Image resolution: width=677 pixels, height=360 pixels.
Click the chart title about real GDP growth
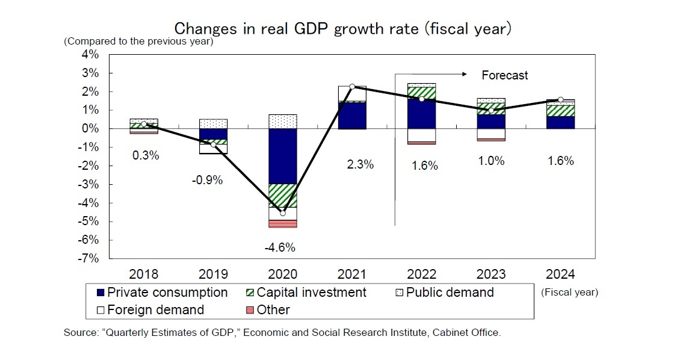click(342, 28)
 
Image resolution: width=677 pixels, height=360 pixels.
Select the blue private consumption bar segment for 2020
click(282, 156)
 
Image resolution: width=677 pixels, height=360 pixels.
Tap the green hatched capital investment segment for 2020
click(282, 195)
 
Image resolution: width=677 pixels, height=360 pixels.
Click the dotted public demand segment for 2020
click(282, 122)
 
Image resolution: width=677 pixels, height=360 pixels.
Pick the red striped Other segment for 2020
click(282, 223)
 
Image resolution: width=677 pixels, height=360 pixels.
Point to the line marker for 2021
click(352, 87)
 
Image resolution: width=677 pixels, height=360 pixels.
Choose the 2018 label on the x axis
click(144, 275)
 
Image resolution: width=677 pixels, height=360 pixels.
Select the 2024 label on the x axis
click(560, 275)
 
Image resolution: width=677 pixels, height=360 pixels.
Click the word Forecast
click(504, 75)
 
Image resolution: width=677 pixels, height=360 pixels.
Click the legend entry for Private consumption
click(161, 293)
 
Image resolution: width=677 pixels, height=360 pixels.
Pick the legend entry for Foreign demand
click(150, 310)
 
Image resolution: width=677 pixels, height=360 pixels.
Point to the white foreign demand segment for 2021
click(352, 93)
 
